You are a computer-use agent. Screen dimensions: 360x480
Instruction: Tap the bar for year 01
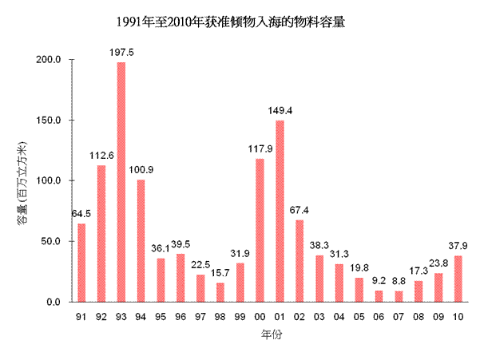pyautogui.click(x=280, y=211)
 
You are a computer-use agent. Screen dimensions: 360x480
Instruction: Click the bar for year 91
pyautogui.click(x=81, y=263)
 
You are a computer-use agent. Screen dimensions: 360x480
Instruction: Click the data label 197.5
pyautogui.click(x=121, y=53)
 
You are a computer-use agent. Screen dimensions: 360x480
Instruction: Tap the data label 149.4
pyautogui.click(x=280, y=111)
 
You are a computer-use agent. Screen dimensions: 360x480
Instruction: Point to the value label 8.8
pyautogui.click(x=399, y=282)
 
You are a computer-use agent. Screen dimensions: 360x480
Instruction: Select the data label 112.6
pyautogui.click(x=101, y=156)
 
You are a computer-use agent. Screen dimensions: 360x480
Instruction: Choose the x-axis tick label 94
pyautogui.click(x=141, y=318)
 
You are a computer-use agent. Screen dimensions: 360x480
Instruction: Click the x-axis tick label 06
pyautogui.click(x=379, y=318)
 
